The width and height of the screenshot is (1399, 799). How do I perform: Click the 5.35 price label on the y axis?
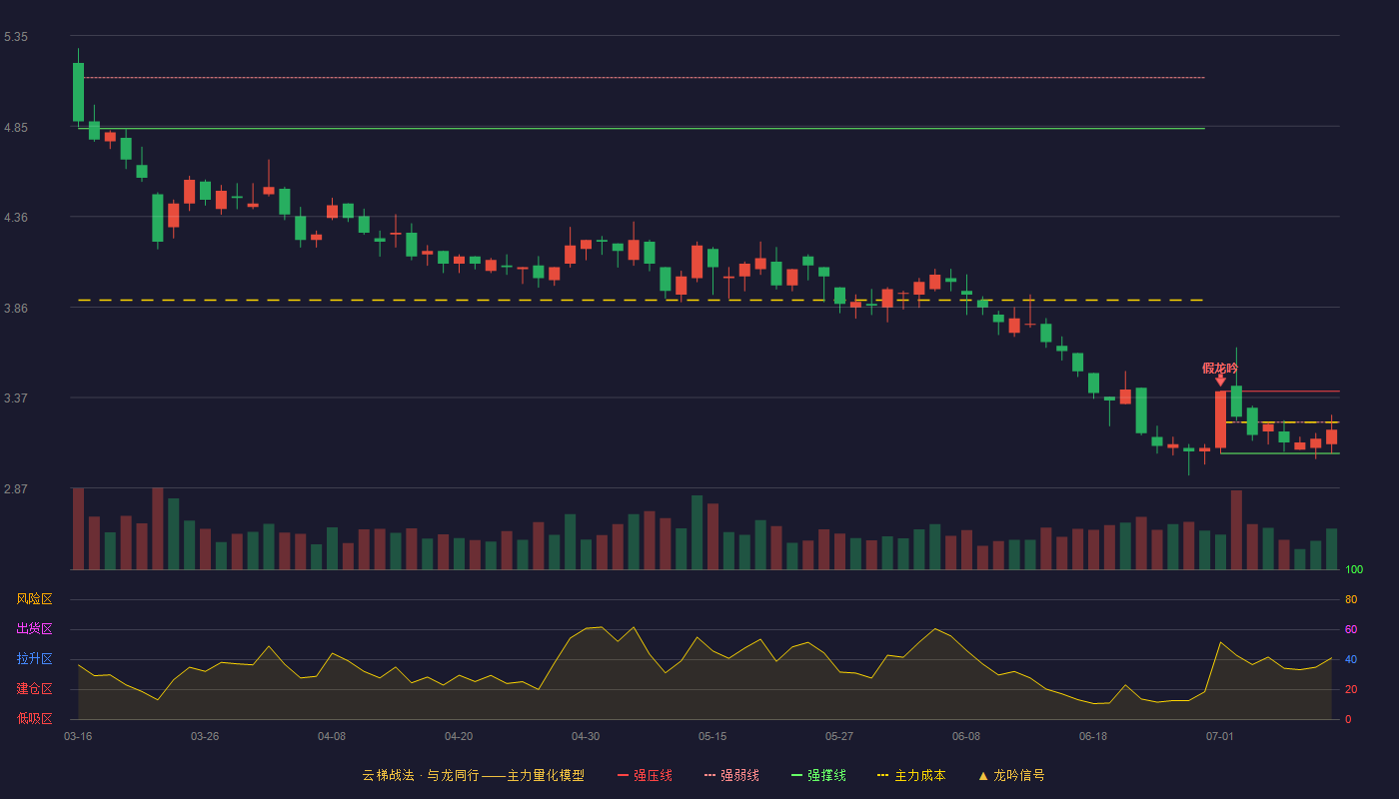coord(16,37)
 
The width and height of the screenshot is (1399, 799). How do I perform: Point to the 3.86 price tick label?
coord(16,309)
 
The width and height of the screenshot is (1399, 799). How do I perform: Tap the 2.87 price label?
coord(16,488)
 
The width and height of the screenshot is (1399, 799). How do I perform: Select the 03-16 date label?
coord(78,737)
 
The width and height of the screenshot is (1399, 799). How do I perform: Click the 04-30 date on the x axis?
coord(586,737)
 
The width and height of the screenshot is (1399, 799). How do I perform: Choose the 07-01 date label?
coord(1220,737)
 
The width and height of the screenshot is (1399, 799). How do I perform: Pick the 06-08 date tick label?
coord(966,737)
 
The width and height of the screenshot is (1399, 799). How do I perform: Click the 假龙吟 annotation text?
coord(1220,369)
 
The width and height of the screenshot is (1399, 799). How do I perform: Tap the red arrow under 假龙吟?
coord(1220,381)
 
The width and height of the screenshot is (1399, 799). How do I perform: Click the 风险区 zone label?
coord(34,599)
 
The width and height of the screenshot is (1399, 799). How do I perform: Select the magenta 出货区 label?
coord(34,628)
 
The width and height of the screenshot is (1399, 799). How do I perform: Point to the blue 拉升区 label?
coord(34,658)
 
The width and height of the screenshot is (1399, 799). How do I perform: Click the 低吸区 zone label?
coord(34,718)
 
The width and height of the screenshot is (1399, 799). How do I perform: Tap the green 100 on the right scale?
coord(1354,569)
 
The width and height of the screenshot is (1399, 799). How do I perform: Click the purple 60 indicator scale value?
coord(1351,629)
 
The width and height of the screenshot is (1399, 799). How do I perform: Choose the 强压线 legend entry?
coord(645,775)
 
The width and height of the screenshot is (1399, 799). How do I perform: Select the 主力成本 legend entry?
coord(911,775)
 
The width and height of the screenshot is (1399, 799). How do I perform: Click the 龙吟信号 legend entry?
coord(1011,775)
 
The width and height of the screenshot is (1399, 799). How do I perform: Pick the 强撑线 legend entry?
coord(818,775)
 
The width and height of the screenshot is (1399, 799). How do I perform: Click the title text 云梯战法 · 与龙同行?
coord(421,775)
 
